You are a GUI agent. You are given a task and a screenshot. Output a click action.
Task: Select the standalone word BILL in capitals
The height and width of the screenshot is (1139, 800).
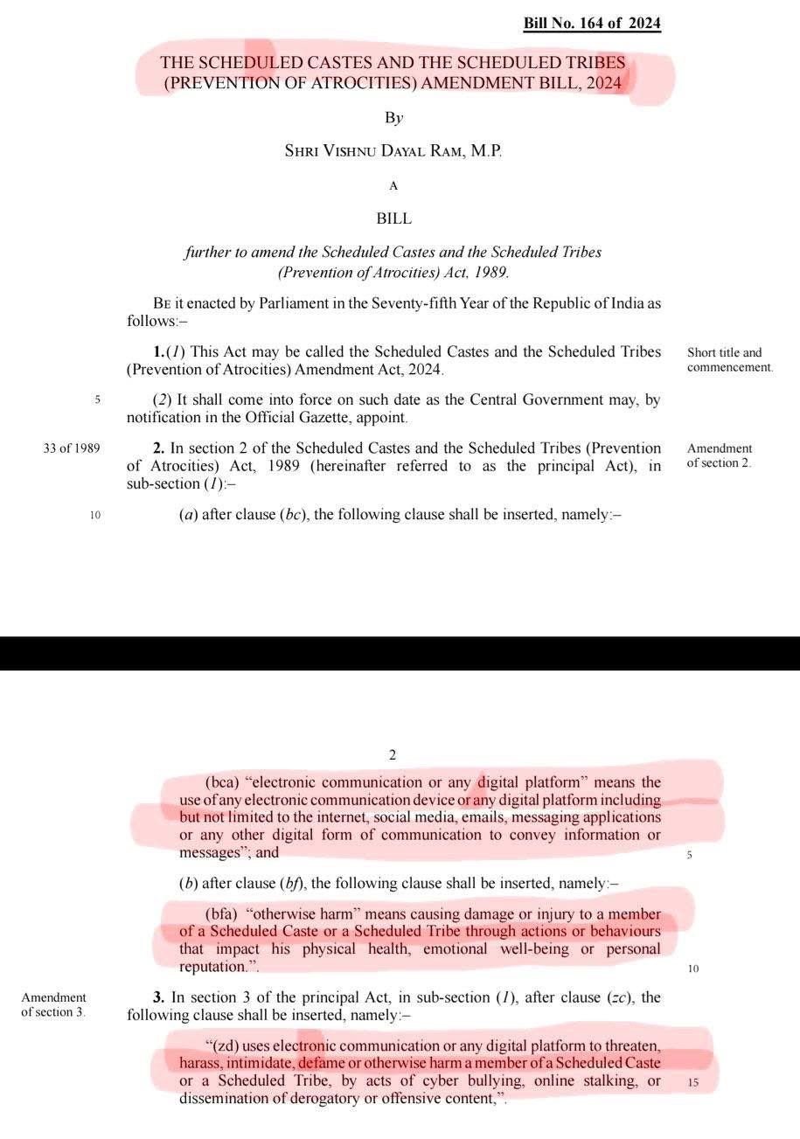click(x=393, y=219)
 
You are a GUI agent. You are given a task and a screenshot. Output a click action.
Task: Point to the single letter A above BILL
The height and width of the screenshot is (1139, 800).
click(x=393, y=185)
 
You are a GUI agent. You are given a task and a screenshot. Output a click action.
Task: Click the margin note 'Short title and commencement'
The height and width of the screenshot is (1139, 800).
click(x=729, y=360)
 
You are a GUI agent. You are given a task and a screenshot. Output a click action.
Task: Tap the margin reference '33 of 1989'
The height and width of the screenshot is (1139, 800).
click(x=71, y=448)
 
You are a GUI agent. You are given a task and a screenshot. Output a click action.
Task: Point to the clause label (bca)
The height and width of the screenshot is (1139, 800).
click(x=221, y=782)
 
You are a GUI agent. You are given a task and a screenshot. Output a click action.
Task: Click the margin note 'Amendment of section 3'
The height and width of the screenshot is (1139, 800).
click(x=54, y=1004)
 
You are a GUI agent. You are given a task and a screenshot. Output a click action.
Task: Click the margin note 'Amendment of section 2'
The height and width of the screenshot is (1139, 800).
click(x=719, y=455)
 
